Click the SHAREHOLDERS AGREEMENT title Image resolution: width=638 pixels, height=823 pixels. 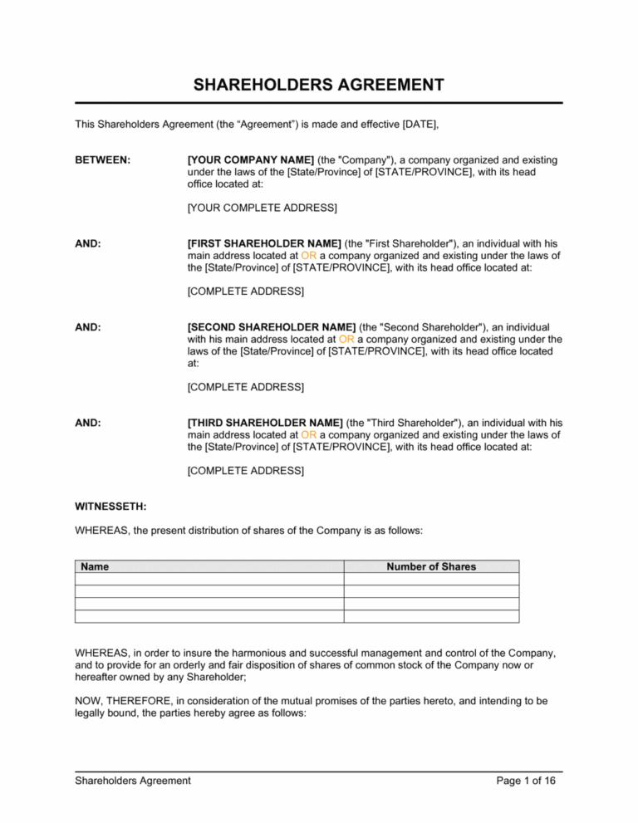pyautogui.click(x=318, y=85)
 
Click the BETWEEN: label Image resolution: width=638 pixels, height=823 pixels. pyautogui.click(x=102, y=159)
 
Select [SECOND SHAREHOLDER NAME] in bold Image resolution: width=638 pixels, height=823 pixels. pyautogui.click(x=272, y=327)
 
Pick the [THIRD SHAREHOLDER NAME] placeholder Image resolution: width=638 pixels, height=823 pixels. pyautogui.click(x=264, y=423)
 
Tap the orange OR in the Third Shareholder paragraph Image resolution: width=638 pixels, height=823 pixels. pyautogui.click(x=308, y=434)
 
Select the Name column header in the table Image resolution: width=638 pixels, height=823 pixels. pyautogui.click(x=94, y=566)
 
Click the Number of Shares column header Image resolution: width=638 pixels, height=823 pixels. pyautogui.click(x=431, y=566)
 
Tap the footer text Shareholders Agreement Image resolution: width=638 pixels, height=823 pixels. pyautogui.click(x=133, y=781)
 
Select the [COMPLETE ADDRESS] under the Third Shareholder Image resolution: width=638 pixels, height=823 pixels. pyautogui.click(x=245, y=470)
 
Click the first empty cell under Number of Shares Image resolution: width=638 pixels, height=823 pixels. pyautogui.click(x=431, y=579)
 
